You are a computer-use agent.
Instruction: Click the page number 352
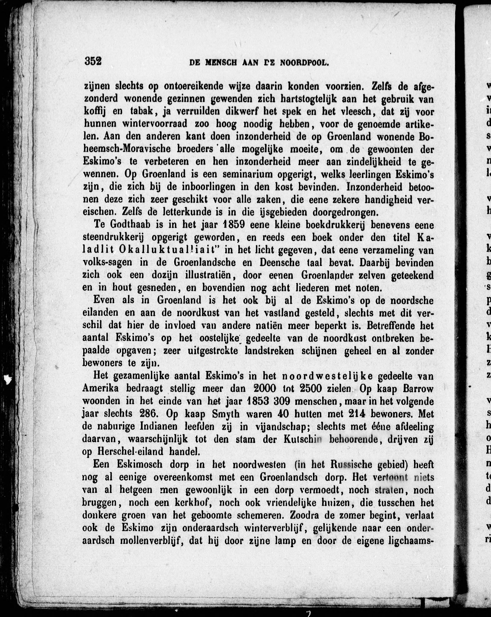(x=93, y=61)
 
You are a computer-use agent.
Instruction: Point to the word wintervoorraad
(x=155, y=124)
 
